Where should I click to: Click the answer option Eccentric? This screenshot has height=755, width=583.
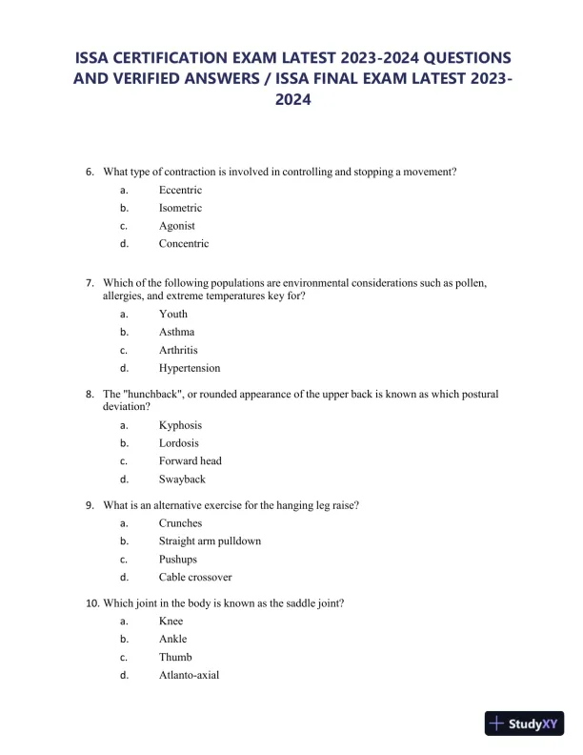tap(180, 190)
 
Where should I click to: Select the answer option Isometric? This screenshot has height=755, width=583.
tap(180, 208)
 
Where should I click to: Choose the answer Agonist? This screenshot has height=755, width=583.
tap(177, 226)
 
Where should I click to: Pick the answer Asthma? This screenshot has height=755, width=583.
tap(176, 332)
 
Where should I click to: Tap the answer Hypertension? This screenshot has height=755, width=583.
tap(190, 368)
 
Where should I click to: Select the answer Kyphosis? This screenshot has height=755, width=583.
tap(180, 425)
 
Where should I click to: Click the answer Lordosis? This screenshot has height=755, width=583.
tap(179, 443)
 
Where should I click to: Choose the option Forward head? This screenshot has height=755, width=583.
tap(191, 461)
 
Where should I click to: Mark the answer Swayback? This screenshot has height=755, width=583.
tap(182, 480)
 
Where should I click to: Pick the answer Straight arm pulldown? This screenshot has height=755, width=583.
tap(210, 541)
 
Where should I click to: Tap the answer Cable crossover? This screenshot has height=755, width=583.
tap(195, 578)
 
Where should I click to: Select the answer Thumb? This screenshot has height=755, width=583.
tap(175, 658)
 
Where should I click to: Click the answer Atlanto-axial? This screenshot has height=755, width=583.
tap(189, 676)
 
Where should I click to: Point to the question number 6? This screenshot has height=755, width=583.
tap(90, 172)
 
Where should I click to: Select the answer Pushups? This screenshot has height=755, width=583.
tap(178, 560)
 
